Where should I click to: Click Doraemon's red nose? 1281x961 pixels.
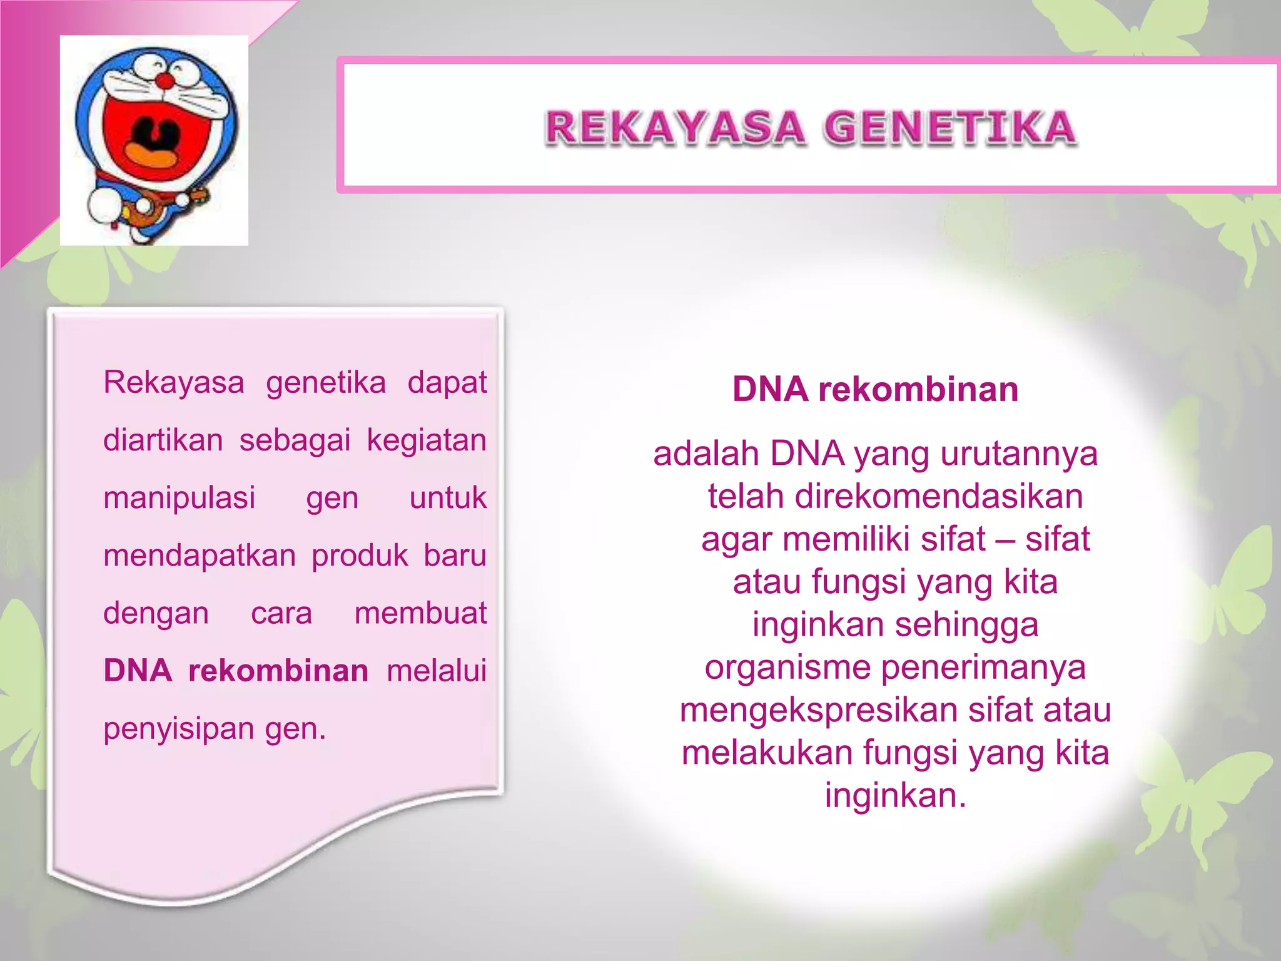coord(165,81)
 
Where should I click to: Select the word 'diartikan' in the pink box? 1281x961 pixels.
coord(163,440)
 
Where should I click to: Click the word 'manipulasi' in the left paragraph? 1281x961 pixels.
coord(180,498)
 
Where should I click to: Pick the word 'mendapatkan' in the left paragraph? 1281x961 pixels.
coord(200,556)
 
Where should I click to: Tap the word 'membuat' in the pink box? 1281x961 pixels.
coord(420,613)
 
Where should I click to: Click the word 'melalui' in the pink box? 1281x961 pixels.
coord(437,671)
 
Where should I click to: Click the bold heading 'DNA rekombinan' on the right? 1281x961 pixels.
coord(875,389)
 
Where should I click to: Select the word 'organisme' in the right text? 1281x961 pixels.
coord(787,668)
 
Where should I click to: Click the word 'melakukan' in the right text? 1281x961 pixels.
coord(767,753)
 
